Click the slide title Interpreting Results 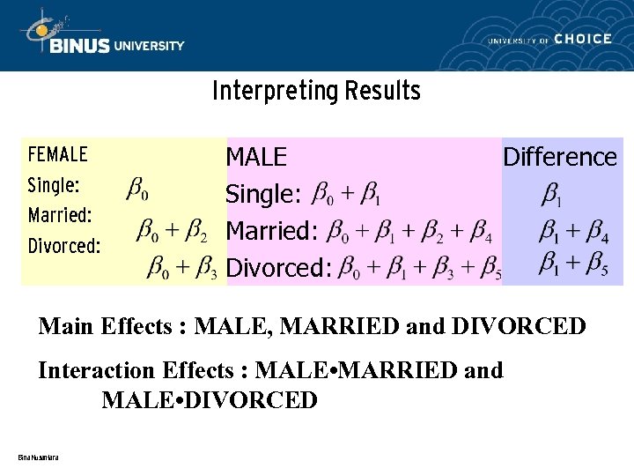click(x=316, y=91)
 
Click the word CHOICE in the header click(x=583, y=39)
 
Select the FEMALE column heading click(x=58, y=155)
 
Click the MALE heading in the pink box click(x=256, y=157)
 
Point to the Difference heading click(x=559, y=157)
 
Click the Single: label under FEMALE click(x=54, y=186)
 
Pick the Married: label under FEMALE click(x=61, y=215)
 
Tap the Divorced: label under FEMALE click(x=64, y=246)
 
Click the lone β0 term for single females click(x=137, y=189)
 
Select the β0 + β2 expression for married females click(x=172, y=231)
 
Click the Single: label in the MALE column click(x=264, y=194)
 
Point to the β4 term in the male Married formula click(x=481, y=233)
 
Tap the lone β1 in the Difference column click(x=553, y=193)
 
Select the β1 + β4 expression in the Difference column click(x=572, y=232)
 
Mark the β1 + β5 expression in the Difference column click(x=572, y=263)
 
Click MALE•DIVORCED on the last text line click(x=210, y=400)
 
